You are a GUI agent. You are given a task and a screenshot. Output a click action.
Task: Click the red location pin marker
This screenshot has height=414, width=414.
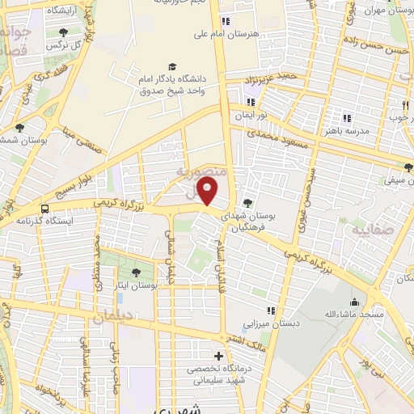(x=208, y=192)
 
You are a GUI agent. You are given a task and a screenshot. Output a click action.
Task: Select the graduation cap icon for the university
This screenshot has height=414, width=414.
(x=171, y=66)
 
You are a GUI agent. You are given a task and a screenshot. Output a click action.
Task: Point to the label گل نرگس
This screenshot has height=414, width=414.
(x=64, y=45)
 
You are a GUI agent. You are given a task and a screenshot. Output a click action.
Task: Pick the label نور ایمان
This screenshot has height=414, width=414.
(x=251, y=116)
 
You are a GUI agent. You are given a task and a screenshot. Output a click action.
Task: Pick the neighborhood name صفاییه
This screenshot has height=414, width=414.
(x=370, y=230)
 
